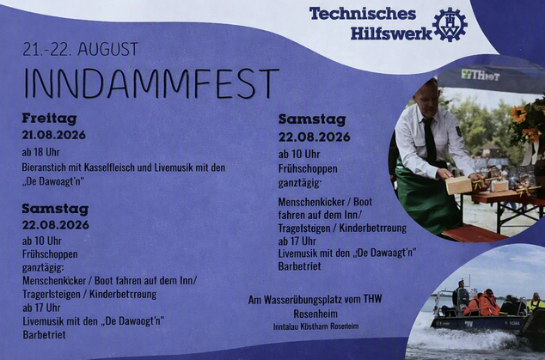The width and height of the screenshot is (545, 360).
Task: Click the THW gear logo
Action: [450, 24]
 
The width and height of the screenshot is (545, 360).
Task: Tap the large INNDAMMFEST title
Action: [151, 83]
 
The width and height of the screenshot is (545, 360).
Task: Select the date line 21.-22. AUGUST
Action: [80, 49]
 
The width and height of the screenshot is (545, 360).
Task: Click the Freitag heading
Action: [49, 119]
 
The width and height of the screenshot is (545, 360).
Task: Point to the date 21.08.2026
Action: [53, 135]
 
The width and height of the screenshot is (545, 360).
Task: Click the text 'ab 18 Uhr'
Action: [40, 152]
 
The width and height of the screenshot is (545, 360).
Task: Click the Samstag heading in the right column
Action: [312, 120]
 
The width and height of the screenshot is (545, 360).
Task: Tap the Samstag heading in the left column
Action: [55, 209]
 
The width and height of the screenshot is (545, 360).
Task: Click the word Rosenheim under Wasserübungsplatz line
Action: [315, 314]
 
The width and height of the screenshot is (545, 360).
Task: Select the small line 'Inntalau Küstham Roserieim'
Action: [316, 326]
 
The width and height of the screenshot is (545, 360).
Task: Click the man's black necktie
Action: [430, 139]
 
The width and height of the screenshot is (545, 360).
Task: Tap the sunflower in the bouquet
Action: [518, 114]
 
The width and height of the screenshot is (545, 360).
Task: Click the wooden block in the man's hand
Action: [458, 185]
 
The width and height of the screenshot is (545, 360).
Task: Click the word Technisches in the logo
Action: [363, 14]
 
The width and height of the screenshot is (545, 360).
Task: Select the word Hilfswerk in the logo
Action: [391, 34]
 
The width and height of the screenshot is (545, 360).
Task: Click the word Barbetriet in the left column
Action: [44, 334]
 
